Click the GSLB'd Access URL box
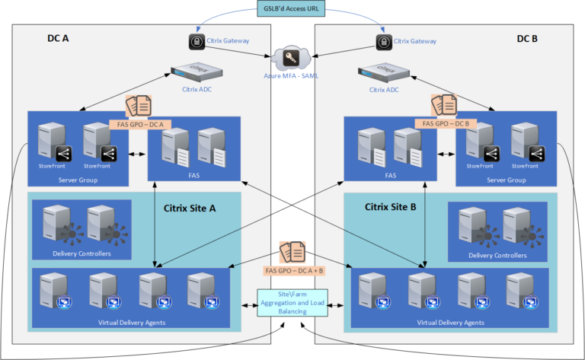(292, 8)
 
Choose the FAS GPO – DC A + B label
(293, 269)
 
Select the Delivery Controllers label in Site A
(81, 254)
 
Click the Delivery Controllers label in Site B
(497, 255)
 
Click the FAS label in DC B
(391, 175)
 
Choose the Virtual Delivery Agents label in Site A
(133, 323)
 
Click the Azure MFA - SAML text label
(292, 78)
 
